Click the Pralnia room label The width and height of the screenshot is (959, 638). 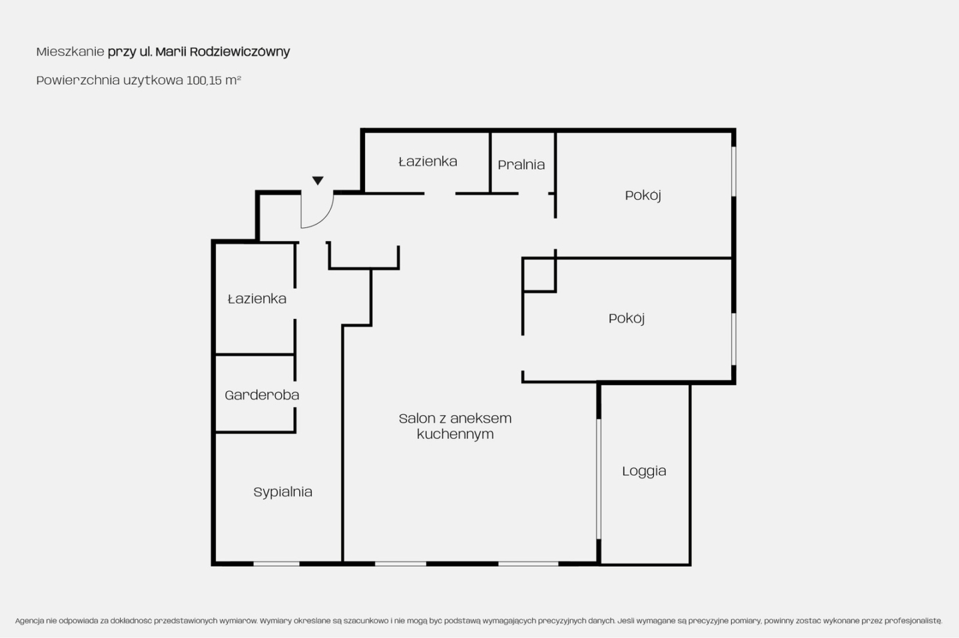click(x=521, y=165)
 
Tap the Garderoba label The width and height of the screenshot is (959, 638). click(x=262, y=395)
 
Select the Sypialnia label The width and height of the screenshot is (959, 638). click(x=282, y=492)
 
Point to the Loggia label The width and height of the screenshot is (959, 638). click(x=644, y=472)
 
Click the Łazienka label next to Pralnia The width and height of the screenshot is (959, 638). click(x=428, y=161)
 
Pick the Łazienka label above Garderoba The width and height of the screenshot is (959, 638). click(x=257, y=298)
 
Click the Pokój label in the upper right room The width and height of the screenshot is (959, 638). click(x=643, y=195)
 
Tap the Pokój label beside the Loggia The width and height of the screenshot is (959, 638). click(x=626, y=318)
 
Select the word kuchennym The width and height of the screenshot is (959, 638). click(x=455, y=435)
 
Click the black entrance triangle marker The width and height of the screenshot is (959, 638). click(x=318, y=180)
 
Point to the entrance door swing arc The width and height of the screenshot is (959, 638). click(x=324, y=218)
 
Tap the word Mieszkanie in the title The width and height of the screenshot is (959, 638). click(x=70, y=52)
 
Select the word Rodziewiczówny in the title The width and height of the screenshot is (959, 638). click(x=240, y=52)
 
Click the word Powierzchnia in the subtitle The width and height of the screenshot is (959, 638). click(x=78, y=81)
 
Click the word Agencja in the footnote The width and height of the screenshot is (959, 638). click(x=29, y=621)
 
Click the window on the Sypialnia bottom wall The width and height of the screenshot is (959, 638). click(x=276, y=564)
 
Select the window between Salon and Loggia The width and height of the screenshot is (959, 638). click(x=599, y=479)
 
